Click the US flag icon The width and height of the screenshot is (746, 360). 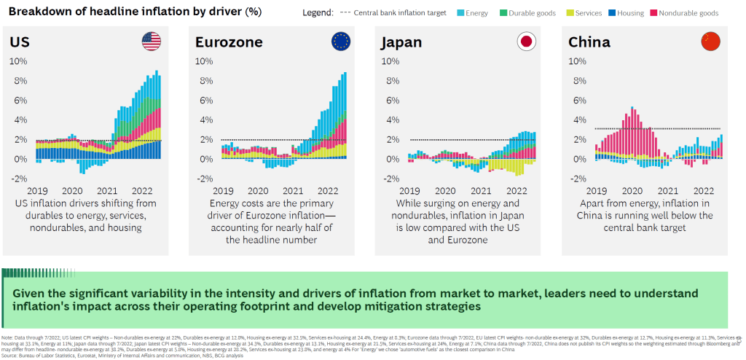[x=151, y=42]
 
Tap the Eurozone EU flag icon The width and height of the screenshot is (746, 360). [x=340, y=42]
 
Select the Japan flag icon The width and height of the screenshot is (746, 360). [x=525, y=42]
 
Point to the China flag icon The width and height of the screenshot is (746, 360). [x=711, y=42]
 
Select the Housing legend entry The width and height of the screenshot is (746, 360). [x=628, y=13]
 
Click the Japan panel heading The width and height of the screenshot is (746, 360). [x=401, y=43]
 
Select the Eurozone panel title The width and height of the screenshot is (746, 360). [x=228, y=43]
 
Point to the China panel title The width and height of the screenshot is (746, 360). [x=589, y=43]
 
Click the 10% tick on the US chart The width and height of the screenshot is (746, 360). [x=18, y=61]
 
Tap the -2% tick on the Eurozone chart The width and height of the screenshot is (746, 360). [x=204, y=179]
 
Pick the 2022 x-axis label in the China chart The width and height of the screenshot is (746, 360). [x=703, y=191]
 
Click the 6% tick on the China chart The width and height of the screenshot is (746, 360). [x=577, y=101]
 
